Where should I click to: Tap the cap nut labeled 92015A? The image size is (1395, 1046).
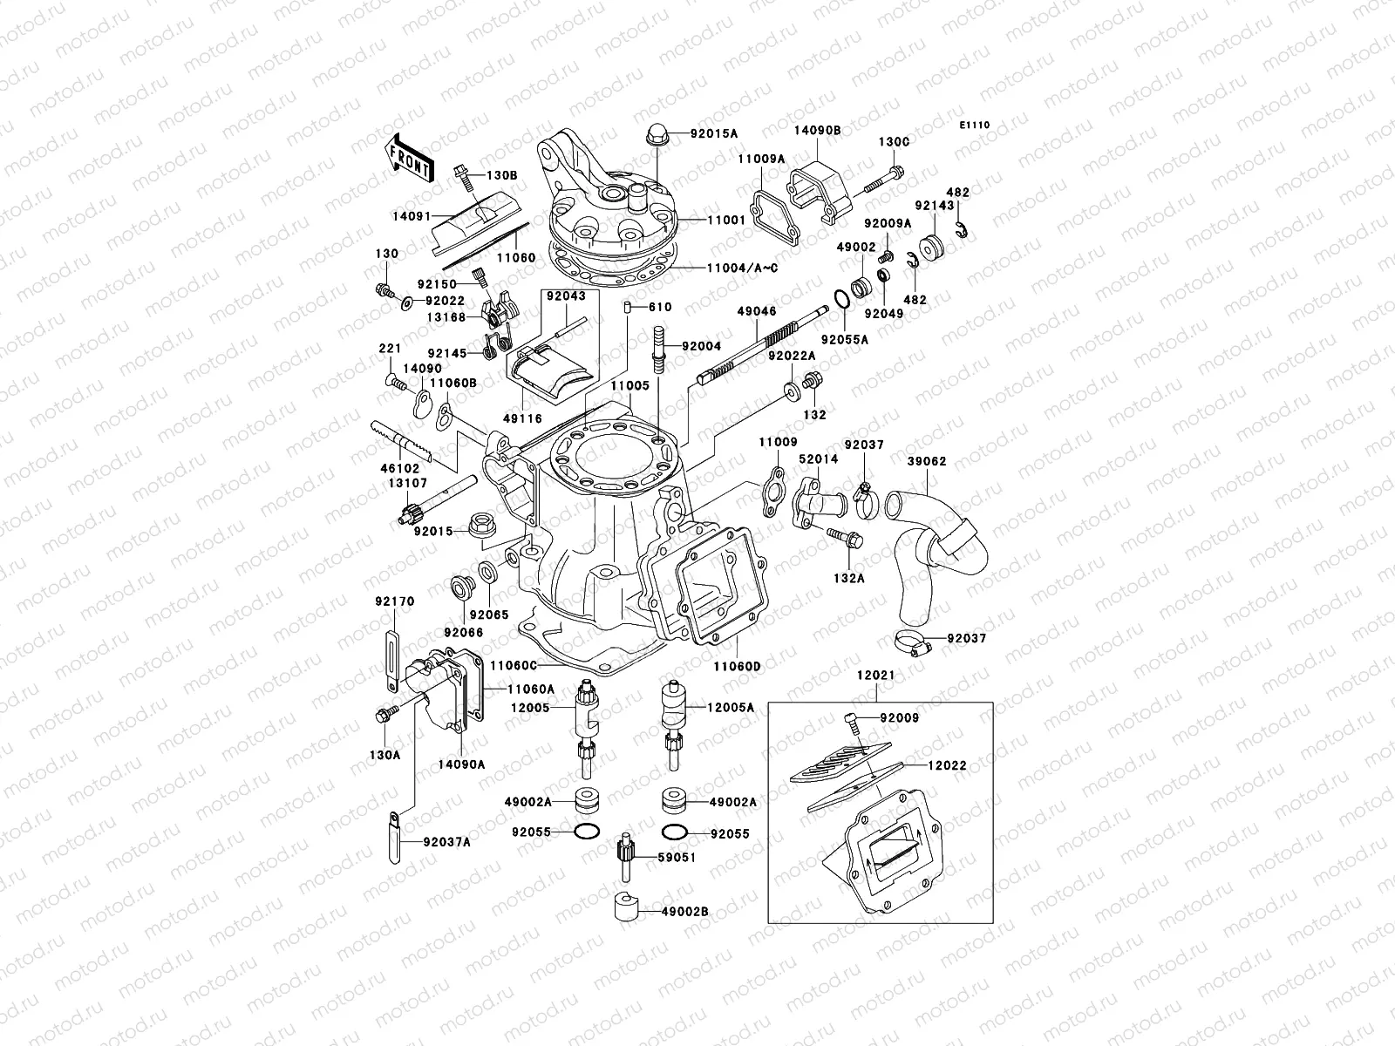pyautogui.click(x=656, y=135)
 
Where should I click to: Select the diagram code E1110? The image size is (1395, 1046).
pyautogui.click(x=976, y=126)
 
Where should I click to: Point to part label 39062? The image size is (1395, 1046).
pyautogui.click(x=926, y=462)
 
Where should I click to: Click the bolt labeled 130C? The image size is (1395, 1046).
pyautogui.click(x=888, y=181)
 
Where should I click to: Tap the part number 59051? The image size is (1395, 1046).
pyautogui.click(x=677, y=858)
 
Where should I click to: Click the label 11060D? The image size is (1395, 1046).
pyautogui.click(x=738, y=666)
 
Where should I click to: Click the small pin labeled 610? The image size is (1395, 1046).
pyautogui.click(x=627, y=307)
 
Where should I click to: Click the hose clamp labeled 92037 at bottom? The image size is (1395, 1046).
pyautogui.click(x=910, y=645)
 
